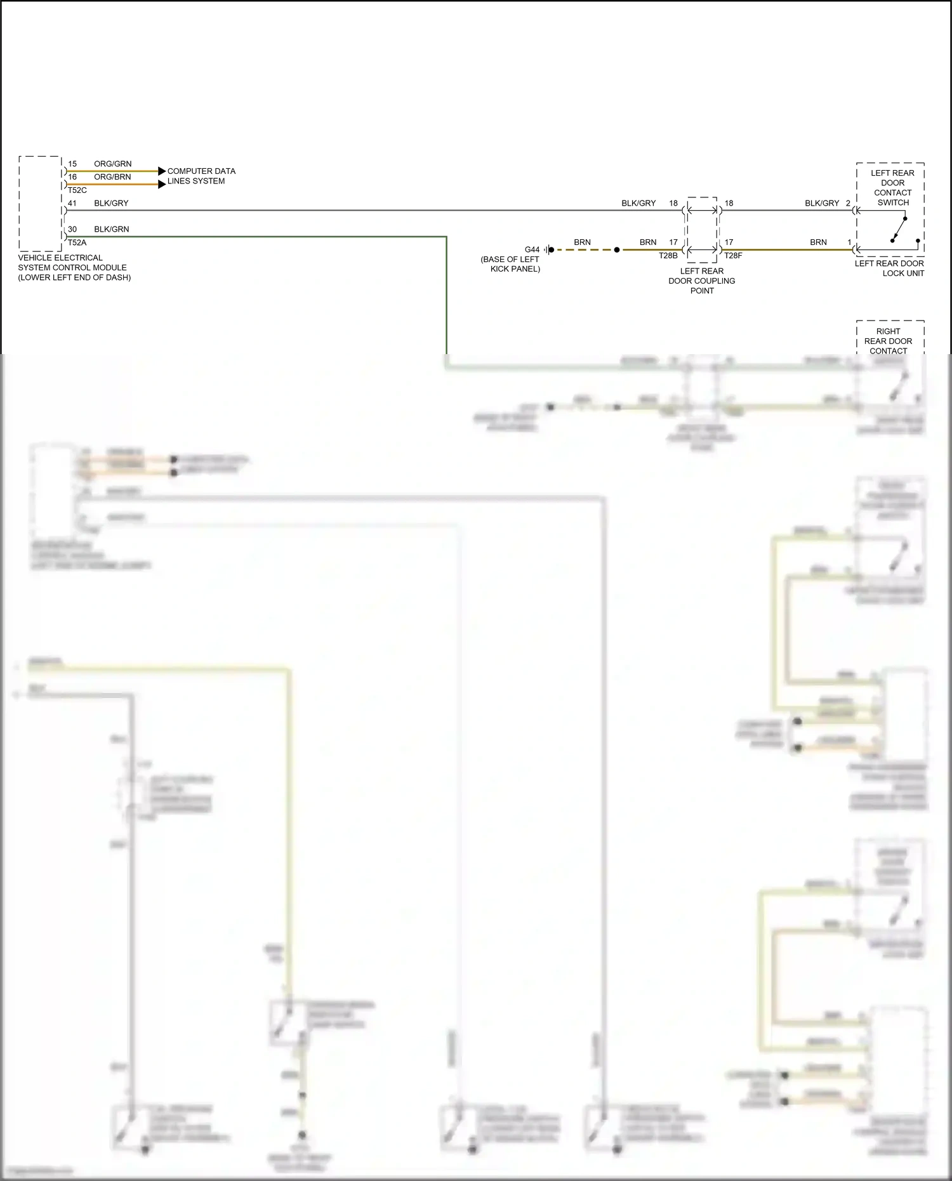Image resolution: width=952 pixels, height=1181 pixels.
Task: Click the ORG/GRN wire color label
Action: pos(112,164)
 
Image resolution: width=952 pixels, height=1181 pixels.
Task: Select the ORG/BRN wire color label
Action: pos(112,177)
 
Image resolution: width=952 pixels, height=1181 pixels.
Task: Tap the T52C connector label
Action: pos(77,190)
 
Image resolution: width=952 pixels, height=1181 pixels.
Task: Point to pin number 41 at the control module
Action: pos(72,204)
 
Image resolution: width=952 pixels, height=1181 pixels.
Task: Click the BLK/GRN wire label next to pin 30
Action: pos(111,230)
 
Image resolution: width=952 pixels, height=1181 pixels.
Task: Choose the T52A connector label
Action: pos(77,243)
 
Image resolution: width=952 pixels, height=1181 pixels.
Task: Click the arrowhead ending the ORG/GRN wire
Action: pos(162,171)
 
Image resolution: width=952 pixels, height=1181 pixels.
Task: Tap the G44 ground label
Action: pos(532,250)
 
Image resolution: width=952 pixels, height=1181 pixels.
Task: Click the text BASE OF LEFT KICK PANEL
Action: pos(511,264)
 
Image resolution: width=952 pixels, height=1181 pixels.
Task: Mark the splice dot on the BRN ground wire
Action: pos(617,250)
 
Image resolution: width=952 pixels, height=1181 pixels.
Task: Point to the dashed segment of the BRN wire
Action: pos(584,250)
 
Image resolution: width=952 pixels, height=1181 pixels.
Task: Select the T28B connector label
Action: pos(668,256)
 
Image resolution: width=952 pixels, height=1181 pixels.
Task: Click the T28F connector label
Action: pos(733,256)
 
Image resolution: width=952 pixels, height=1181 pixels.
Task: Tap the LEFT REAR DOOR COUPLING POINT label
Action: pos(702,280)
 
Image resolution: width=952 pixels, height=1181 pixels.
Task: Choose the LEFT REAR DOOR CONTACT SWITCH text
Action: pos(892,188)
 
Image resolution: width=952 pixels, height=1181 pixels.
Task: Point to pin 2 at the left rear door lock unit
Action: pos(848,204)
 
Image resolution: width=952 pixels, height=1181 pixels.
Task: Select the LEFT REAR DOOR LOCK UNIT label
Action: pos(889,268)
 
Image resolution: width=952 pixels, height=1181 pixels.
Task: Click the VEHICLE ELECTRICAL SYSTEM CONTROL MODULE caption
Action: pos(74,268)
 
